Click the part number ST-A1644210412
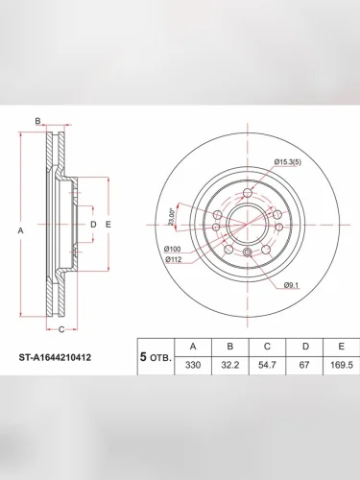point(55,357)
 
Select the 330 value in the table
point(193,365)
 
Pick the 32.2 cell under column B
point(230,365)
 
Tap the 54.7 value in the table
point(267,365)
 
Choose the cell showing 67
point(304,365)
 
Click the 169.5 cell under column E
point(342,365)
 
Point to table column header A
point(193,347)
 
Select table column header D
point(305,347)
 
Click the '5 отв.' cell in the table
point(156,357)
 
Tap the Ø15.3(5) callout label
point(288,162)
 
